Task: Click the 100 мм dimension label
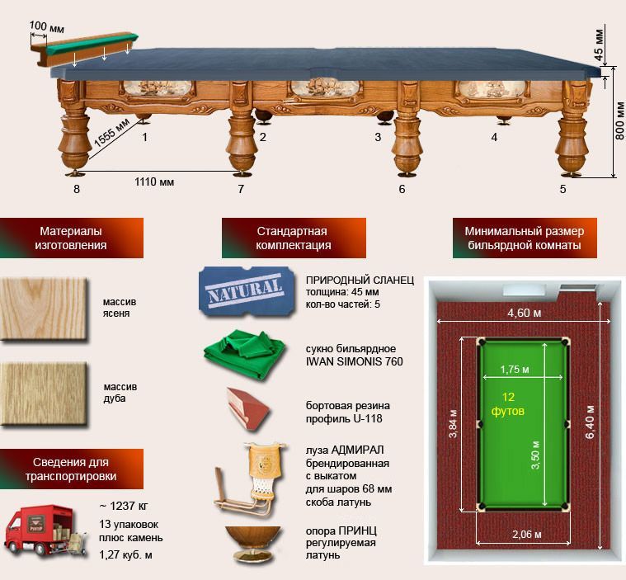coord(47,27)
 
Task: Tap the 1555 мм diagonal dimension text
coord(111,133)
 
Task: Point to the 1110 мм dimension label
coord(154,182)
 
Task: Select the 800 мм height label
coord(619,120)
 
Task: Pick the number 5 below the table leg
coord(562,189)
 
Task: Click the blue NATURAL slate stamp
coord(246,291)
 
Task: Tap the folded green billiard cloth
coord(244,354)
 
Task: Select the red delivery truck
coord(45,530)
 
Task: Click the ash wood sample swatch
coord(43,309)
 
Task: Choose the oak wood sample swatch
coord(43,394)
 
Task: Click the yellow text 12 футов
coord(508,403)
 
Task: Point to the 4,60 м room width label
coord(525,313)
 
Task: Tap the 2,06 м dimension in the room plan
coord(527,534)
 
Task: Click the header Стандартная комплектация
coord(294,238)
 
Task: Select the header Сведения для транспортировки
coord(71,469)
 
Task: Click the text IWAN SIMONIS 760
coord(354,362)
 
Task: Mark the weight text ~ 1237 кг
coord(123,506)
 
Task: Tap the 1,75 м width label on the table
coord(515,369)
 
